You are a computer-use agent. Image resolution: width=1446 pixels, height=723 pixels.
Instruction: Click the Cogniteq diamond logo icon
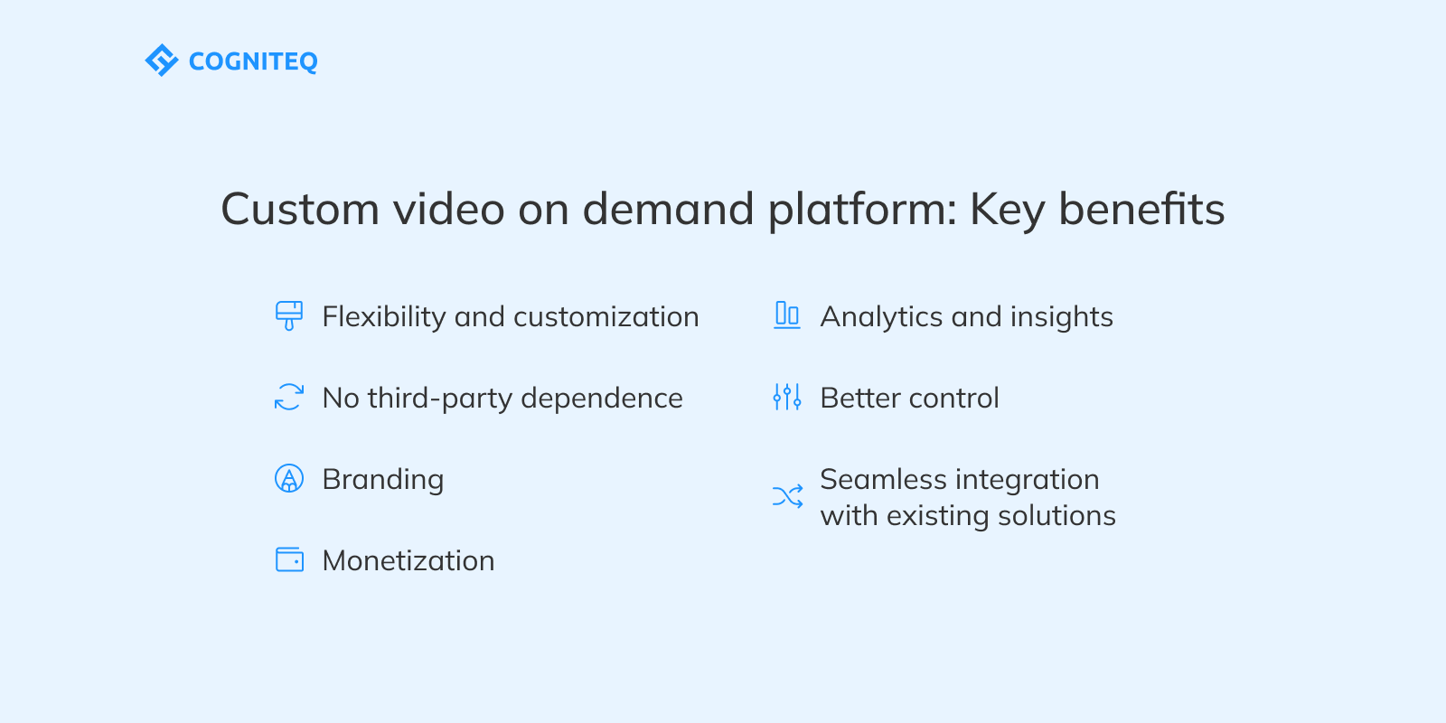161,61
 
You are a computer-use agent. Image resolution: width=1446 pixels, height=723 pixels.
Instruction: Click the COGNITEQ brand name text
253,61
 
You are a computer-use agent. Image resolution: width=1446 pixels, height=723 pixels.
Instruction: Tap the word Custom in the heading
300,210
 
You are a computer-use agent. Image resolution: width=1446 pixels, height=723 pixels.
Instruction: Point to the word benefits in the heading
1141,210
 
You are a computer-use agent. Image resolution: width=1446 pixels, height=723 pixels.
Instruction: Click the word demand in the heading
668,210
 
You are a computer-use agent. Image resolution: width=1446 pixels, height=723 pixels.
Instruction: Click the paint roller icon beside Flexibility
289,315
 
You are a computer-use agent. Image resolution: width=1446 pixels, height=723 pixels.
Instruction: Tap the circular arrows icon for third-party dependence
289,397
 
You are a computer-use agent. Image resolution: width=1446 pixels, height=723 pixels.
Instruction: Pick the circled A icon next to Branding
289,478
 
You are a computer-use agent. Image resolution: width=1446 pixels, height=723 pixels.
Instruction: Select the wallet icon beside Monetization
289,559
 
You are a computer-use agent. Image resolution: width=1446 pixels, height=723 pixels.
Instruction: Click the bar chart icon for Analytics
787,315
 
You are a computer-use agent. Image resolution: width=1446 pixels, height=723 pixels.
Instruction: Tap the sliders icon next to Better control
787,397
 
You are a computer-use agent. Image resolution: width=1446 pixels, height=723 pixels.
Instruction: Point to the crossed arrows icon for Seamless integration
787,496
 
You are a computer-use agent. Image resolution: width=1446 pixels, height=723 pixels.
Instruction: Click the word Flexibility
384,317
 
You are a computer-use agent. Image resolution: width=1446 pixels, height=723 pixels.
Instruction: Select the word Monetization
408,561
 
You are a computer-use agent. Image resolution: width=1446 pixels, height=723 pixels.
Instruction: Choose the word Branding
383,480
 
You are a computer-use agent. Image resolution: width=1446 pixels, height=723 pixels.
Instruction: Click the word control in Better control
953,399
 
